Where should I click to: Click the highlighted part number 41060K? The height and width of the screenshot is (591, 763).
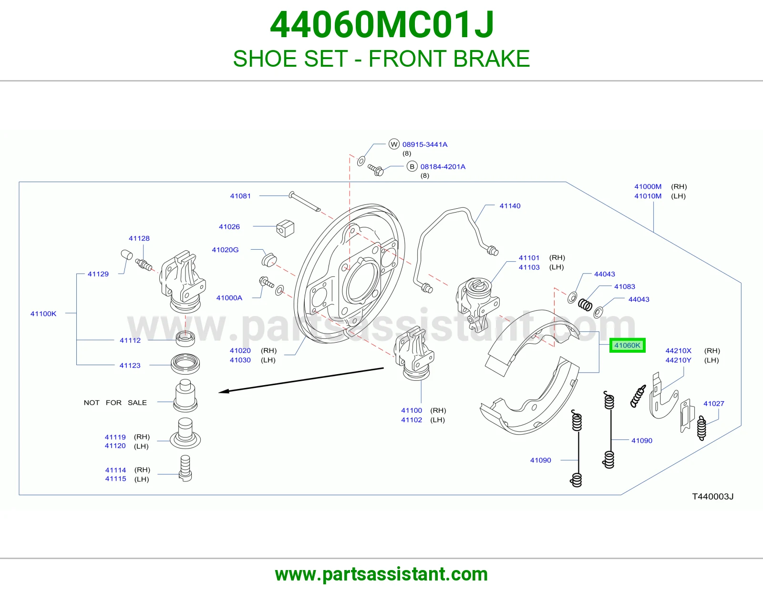627,346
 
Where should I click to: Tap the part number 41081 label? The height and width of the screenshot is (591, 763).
240,196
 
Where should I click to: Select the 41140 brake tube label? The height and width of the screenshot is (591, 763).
510,205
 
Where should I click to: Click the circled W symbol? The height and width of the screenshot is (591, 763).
394,144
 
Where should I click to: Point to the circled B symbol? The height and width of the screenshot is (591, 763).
412,166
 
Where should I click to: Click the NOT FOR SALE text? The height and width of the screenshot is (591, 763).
115,403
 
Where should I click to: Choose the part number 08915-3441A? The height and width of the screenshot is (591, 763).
425,144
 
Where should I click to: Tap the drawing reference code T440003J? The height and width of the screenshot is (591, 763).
713,497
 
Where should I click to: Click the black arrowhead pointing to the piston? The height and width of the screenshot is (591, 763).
224,391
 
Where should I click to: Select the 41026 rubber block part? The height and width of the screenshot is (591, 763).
285,228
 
